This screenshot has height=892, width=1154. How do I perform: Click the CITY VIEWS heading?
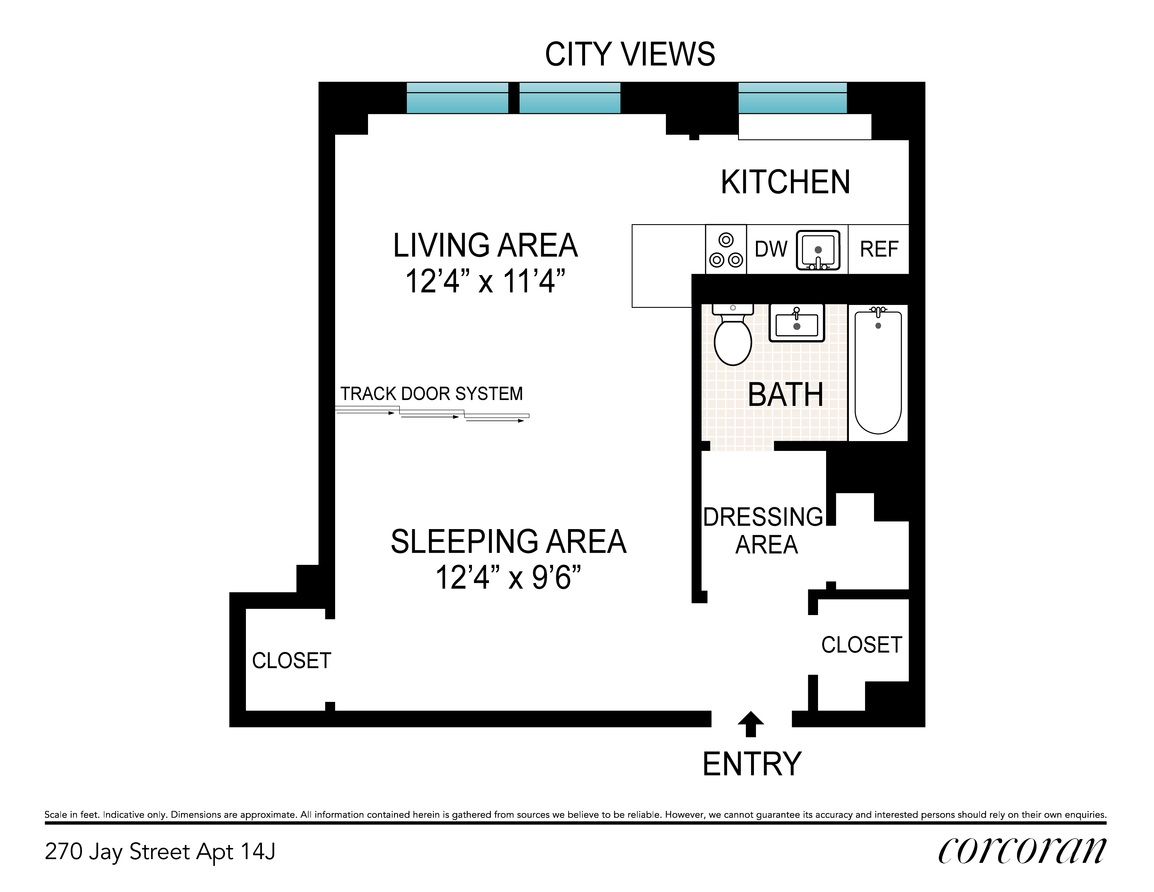(630, 55)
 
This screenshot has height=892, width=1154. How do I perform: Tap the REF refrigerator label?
(879, 249)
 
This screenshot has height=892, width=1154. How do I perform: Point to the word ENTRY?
(752, 764)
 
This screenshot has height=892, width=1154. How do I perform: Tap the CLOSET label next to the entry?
(861, 645)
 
